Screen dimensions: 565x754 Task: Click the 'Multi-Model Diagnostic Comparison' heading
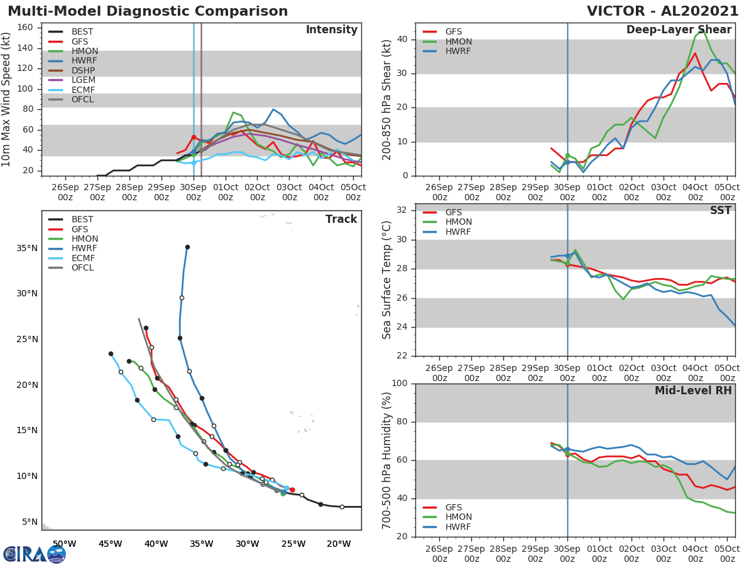[148, 11]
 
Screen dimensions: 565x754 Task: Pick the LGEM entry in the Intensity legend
[82, 80]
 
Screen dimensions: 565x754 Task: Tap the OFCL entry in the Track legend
[82, 268]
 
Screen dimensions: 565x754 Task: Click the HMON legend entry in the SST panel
[458, 222]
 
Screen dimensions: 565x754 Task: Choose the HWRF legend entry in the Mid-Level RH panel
[457, 527]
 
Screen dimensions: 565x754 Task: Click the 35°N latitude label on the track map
[26, 248]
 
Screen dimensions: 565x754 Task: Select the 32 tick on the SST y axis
[403, 210]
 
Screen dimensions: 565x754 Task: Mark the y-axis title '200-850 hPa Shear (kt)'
[388, 99]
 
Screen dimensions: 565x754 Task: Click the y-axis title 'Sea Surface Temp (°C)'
[388, 279]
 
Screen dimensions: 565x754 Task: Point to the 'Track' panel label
[341, 219]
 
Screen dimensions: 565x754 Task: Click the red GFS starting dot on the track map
[292, 490]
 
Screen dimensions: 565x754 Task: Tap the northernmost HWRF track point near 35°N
[187, 247]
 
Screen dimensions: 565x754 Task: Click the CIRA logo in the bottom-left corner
[35, 554]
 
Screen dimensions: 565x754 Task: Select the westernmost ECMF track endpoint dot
[111, 353]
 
